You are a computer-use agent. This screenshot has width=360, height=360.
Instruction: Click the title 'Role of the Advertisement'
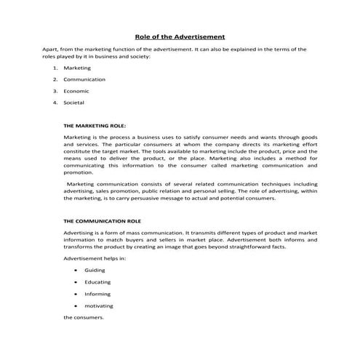click(x=180, y=36)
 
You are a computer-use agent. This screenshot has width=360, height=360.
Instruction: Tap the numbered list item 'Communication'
click(x=84, y=79)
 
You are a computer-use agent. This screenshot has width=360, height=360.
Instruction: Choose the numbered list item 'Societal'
click(x=73, y=103)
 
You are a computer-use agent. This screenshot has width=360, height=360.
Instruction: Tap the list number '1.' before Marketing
click(x=55, y=67)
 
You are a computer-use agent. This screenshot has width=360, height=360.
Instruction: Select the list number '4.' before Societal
click(x=55, y=103)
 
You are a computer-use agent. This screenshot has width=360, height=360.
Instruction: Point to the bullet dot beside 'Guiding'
click(x=76, y=270)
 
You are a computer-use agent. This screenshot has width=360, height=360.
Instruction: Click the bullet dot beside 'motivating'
click(x=76, y=306)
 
